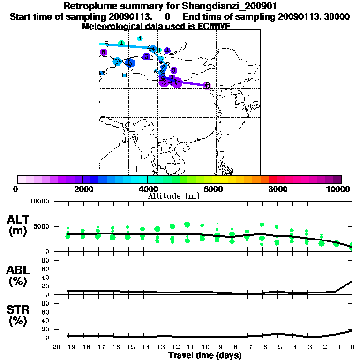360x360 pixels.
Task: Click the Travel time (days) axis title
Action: (x=205, y=356)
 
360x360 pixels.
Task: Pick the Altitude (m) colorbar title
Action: (x=174, y=196)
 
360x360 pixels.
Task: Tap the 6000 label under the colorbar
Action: (x=212, y=189)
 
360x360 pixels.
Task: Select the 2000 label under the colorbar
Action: (x=82, y=189)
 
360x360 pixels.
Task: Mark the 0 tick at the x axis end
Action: (x=352, y=347)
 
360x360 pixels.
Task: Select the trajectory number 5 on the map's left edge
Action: (x=106, y=44)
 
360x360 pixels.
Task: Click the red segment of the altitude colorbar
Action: (x=272, y=179)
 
